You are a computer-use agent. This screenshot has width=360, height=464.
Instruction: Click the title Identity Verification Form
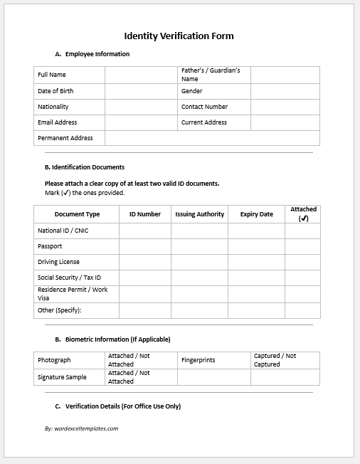click(179, 36)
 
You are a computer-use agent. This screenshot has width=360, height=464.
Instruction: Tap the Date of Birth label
click(55, 91)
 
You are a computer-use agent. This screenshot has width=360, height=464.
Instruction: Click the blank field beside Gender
click(285, 91)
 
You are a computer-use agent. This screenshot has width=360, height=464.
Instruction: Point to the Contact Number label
click(204, 107)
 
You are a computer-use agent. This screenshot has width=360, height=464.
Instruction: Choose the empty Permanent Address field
click(211, 138)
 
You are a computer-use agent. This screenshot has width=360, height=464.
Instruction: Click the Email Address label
click(57, 122)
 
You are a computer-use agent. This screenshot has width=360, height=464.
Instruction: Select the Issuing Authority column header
click(199, 214)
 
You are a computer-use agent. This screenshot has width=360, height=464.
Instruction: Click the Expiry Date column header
click(256, 214)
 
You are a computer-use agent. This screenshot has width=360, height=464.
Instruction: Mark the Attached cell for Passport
click(302, 246)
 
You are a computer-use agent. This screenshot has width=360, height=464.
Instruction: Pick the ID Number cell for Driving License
click(145, 262)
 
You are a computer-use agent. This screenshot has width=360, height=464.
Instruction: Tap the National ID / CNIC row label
click(63, 231)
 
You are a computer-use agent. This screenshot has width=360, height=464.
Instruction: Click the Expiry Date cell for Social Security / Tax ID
click(256, 278)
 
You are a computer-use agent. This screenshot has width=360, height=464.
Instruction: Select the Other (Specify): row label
click(60, 310)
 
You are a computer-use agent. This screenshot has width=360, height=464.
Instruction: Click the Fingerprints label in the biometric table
click(198, 360)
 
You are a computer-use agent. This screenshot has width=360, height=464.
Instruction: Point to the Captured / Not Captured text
click(275, 360)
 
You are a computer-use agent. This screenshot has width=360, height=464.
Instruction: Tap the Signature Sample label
click(62, 377)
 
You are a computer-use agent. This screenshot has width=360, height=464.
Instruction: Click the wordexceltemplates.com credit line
click(81, 428)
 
